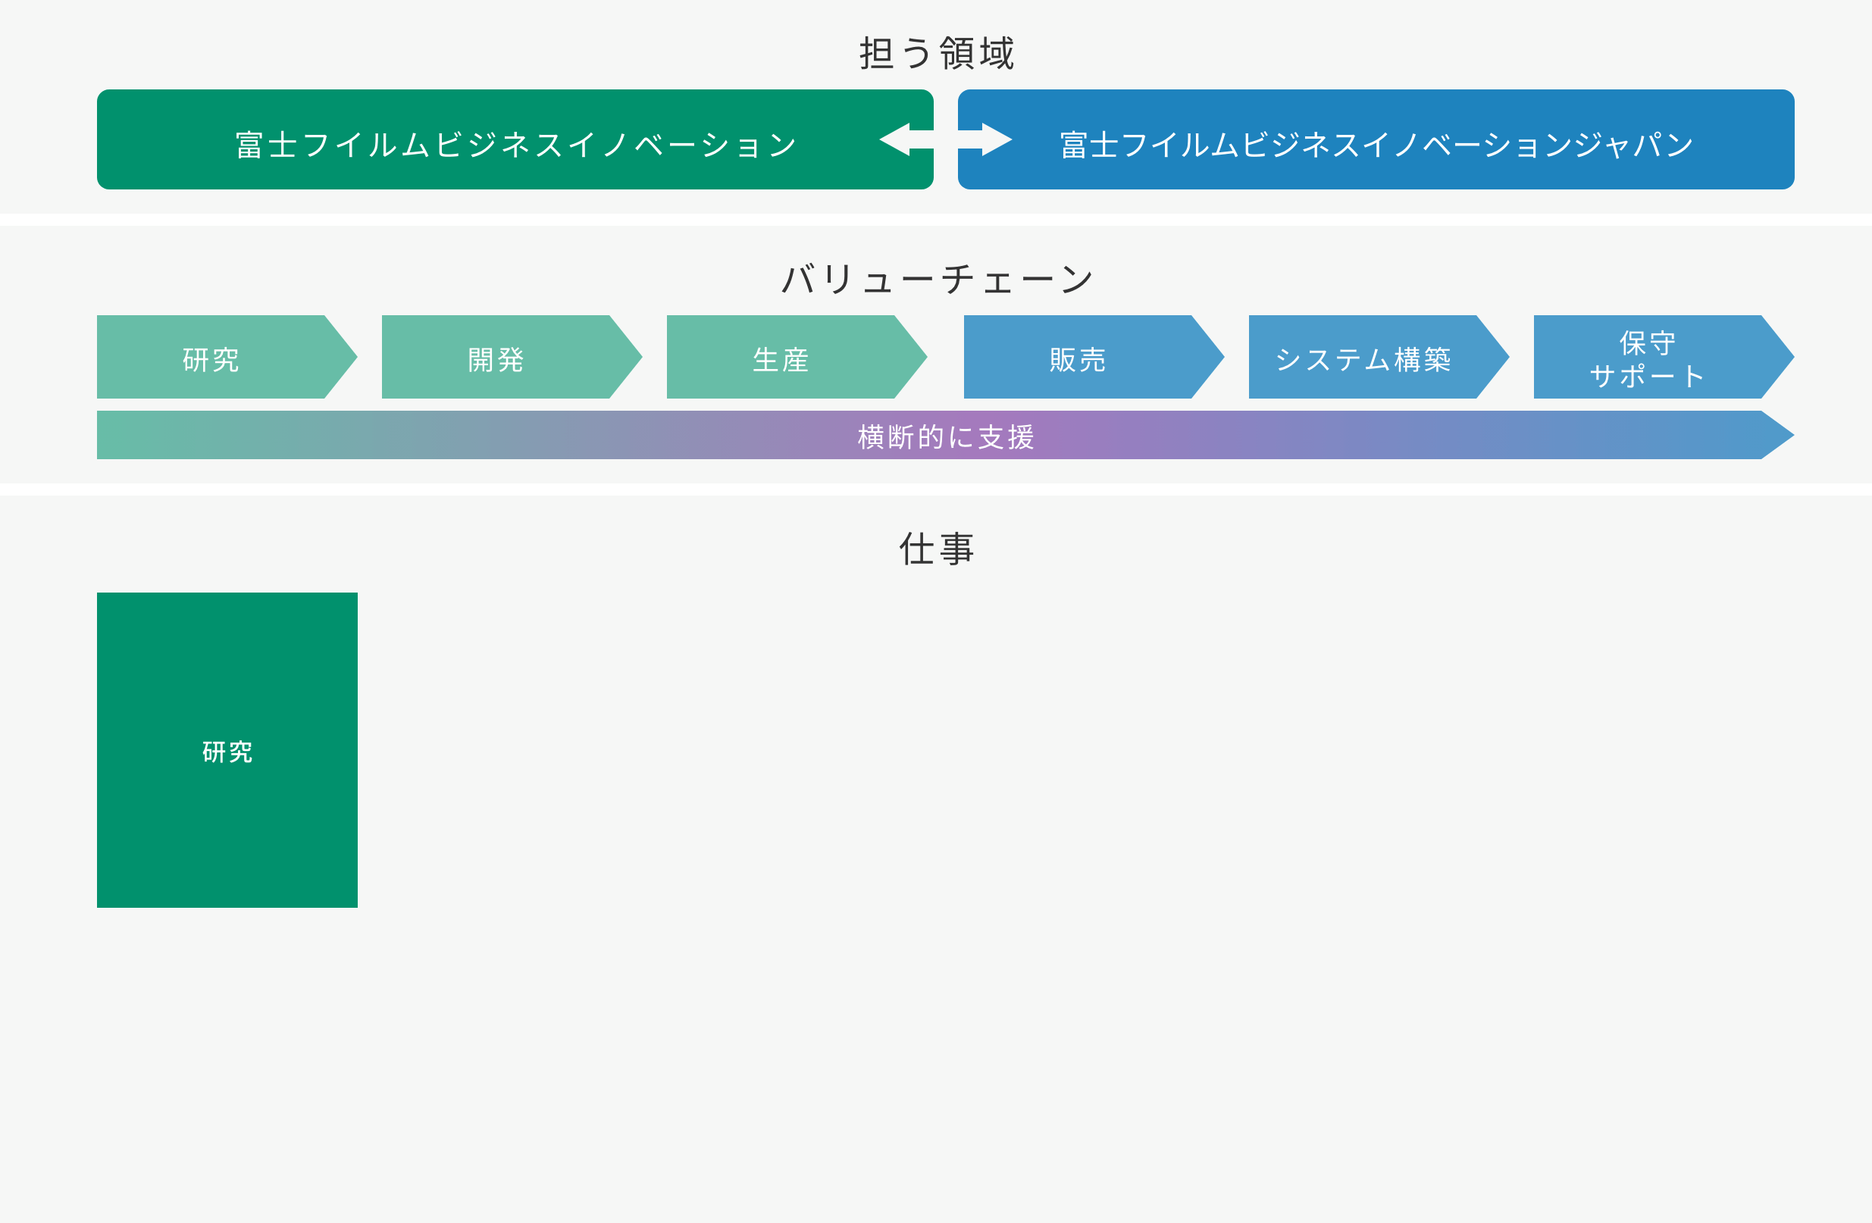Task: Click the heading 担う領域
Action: tap(936, 54)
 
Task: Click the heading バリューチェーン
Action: tap(936, 279)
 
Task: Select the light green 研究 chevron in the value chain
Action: tap(211, 358)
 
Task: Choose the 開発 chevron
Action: tap(496, 358)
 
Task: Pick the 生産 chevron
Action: tap(781, 358)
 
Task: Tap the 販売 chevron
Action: tap(1078, 358)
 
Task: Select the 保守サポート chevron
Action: tap(1647, 358)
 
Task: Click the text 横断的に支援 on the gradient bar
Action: tap(945, 436)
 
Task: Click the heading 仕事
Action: tap(936, 548)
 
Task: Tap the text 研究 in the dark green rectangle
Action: tap(227, 752)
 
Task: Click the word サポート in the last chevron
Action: tap(1647, 376)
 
